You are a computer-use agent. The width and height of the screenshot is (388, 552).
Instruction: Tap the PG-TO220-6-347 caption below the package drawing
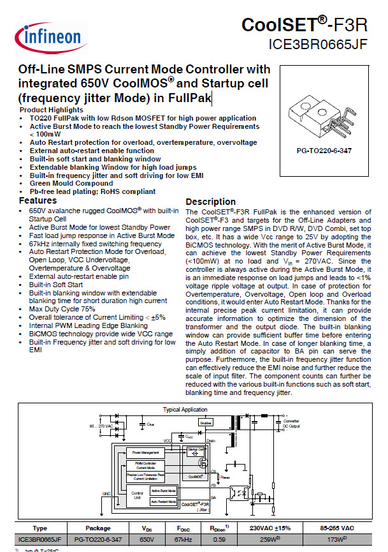coord(324,151)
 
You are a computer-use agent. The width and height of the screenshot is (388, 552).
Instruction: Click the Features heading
coord(38,200)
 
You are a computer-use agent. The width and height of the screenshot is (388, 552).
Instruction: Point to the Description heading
coord(210,202)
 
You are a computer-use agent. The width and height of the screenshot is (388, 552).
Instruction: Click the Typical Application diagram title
coord(185,410)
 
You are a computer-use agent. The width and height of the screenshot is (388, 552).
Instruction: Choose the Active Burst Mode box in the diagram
coord(163,490)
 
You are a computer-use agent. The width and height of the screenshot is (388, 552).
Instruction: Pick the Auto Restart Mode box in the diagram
coord(163,502)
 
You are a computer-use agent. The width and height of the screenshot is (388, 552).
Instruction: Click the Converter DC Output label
coord(363,424)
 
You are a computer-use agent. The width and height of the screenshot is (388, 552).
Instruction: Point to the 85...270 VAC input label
coord(69,425)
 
